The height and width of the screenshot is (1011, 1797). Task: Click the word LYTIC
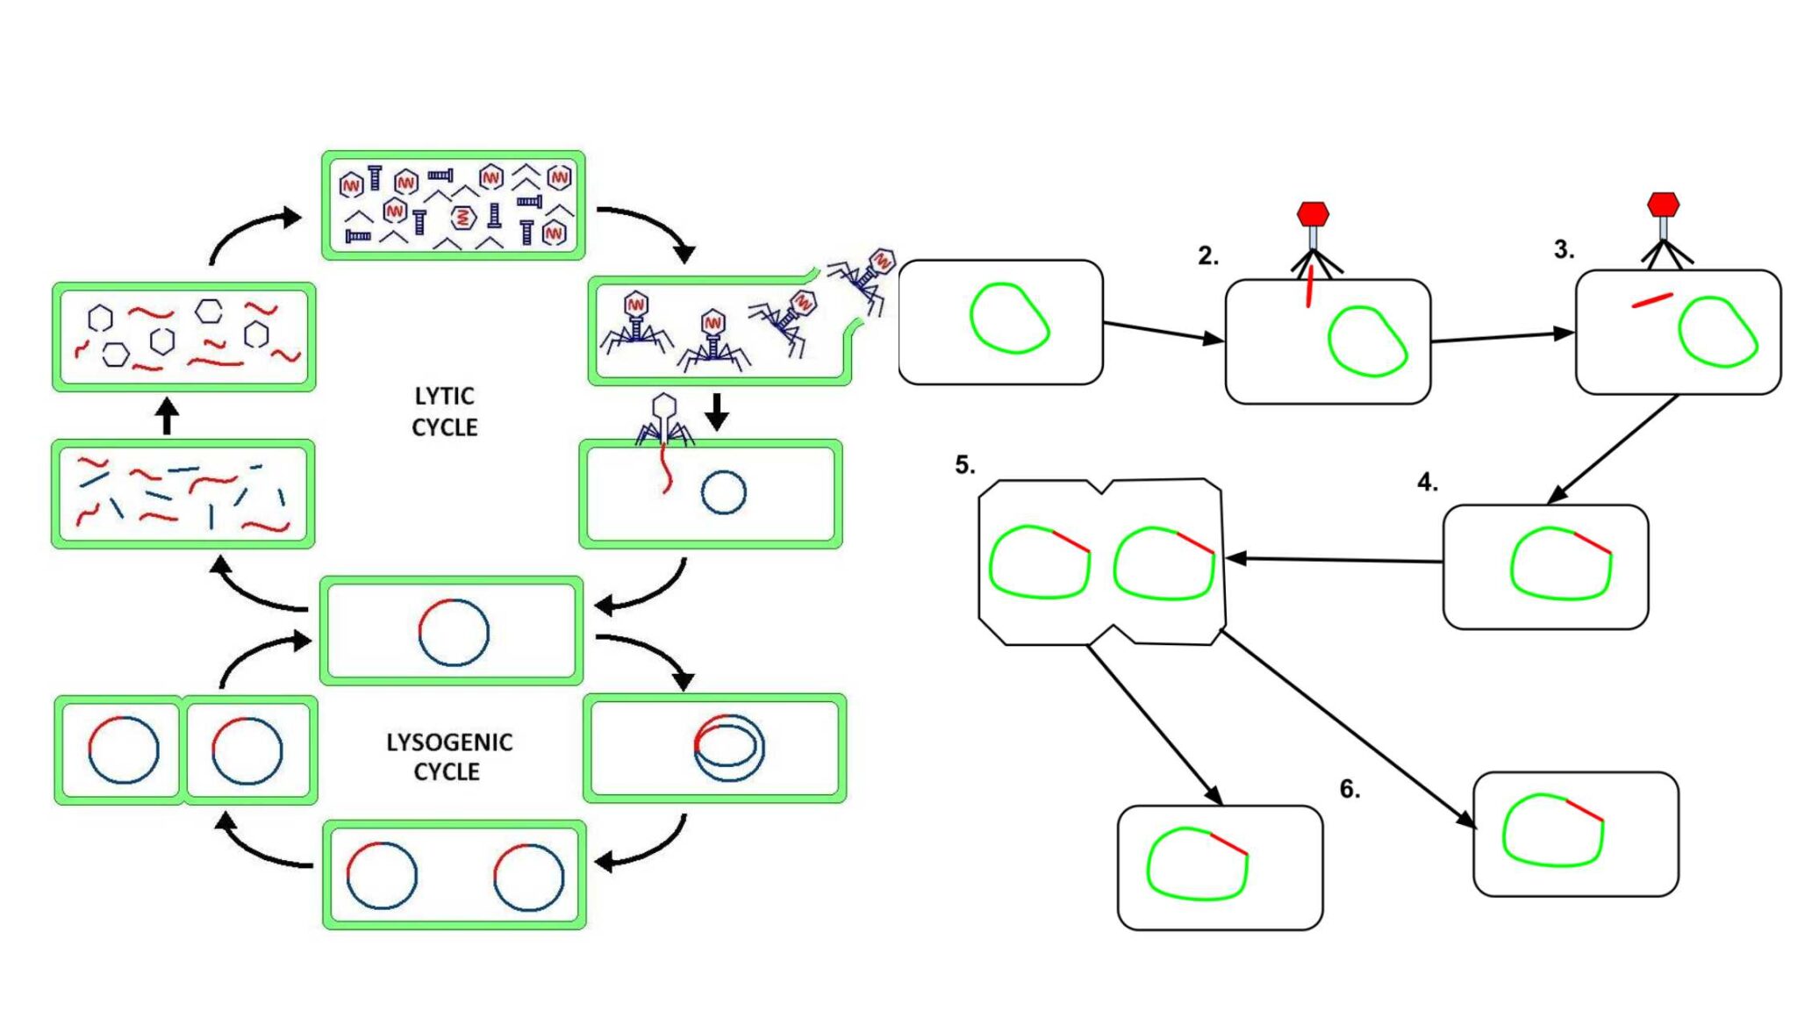coord(444,396)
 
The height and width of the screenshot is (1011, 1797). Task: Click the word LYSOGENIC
coord(449,742)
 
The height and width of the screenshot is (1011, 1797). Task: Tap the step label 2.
coord(1208,256)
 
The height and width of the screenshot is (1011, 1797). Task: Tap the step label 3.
coord(1564,250)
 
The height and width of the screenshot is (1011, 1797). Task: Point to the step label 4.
coord(1428,483)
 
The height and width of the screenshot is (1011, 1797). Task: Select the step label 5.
coord(964,465)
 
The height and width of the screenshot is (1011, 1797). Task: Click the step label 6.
coord(1350,790)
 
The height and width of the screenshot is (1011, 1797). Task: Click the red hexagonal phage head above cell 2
coord(1313,214)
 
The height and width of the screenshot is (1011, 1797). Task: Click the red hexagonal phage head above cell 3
coord(1663,204)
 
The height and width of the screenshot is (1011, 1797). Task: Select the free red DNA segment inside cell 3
coord(1652,300)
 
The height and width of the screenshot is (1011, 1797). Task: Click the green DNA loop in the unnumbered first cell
coord(1009,318)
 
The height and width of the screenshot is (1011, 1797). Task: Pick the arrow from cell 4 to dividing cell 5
coord(1334,559)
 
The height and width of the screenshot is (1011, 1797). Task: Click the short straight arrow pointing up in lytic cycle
coord(167,417)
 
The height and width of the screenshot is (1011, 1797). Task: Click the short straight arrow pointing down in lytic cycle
coord(717,411)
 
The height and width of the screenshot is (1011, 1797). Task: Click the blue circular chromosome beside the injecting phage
coord(724,492)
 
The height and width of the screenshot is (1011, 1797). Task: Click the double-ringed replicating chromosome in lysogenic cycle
coord(729,747)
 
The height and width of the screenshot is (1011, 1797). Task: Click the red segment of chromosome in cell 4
coord(1593,543)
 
